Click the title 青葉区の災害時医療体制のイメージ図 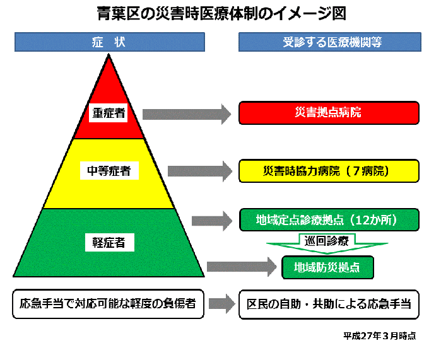[220, 13]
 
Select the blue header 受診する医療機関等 [329, 42]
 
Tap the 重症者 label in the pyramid [109, 113]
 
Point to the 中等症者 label [109, 170]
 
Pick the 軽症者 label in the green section [109, 241]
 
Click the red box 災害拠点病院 [329, 113]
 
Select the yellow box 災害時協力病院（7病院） [329, 170]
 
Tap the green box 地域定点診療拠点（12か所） [329, 220]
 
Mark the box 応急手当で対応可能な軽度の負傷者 [108, 304]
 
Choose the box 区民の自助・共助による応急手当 [329, 304]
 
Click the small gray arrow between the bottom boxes [221, 304]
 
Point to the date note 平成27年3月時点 [380, 335]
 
